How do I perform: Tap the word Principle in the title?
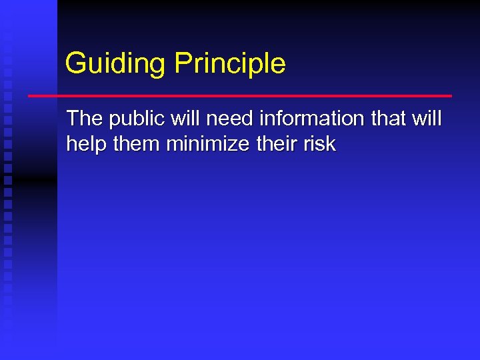(230, 64)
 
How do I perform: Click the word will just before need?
(188, 119)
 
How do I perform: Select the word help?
(86, 144)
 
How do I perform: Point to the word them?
(135, 144)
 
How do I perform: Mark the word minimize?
(210, 144)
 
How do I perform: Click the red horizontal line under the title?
(240, 96)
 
